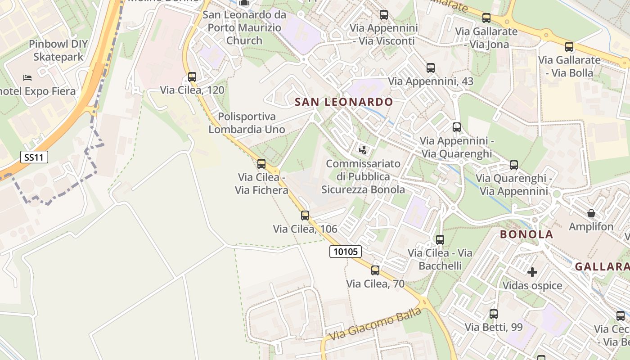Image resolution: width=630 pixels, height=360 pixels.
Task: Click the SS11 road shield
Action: click(34, 157)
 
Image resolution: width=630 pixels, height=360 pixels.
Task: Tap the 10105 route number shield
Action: click(346, 252)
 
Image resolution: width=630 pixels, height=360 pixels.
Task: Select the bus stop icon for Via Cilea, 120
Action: click(192, 77)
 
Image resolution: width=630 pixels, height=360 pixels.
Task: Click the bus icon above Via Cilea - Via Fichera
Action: click(261, 164)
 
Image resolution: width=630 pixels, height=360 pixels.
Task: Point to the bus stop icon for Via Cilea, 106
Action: click(305, 216)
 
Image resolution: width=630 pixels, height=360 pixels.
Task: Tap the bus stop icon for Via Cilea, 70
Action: click(375, 270)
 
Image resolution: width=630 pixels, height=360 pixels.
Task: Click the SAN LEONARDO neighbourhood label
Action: click(344, 102)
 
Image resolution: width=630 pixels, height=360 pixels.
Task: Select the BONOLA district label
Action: click(526, 234)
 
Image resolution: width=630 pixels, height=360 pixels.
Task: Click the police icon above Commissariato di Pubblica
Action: click(363, 150)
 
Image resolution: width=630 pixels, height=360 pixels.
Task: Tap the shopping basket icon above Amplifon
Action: click(591, 213)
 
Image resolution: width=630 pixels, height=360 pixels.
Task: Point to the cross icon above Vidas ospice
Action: click(532, 272)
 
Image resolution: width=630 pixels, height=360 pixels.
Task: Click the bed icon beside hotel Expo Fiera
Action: click(27, 78)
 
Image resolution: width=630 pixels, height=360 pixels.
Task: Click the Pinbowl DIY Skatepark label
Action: click(58, 50)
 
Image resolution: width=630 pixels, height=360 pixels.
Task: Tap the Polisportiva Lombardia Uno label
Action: click(247, 123)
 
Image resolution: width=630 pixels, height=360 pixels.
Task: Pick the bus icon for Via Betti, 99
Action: click(494, 314)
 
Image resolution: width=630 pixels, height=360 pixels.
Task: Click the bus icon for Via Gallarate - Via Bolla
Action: click(569, 46)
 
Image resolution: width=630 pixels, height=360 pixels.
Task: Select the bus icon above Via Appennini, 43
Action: click(431, 68)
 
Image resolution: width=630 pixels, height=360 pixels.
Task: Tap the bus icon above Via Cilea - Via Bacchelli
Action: click(440, 239)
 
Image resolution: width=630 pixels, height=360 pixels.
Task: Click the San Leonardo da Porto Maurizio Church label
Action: click(244, 27)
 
